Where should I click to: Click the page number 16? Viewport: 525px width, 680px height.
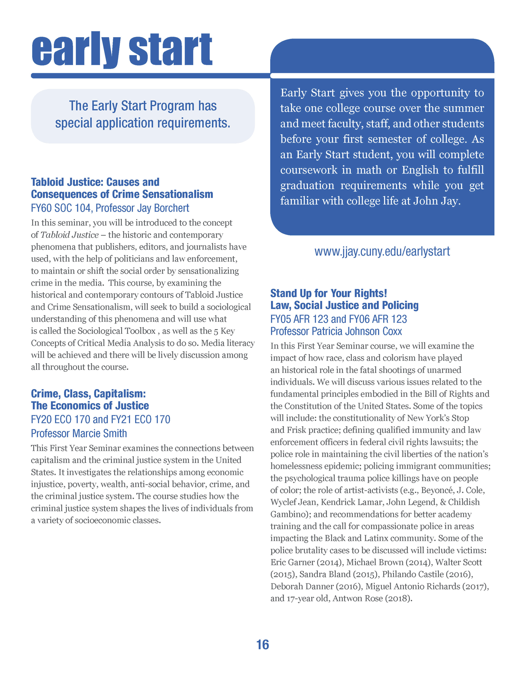[262, 645]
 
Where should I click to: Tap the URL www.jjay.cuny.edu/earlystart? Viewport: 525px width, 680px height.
[382, 251]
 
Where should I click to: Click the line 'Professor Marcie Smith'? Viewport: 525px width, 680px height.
[79, 434]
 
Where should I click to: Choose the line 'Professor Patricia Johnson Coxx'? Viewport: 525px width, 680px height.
[336, 331]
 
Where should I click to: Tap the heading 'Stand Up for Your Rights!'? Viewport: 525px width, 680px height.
[329, 293]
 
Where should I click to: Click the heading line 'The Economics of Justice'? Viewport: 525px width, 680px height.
[90, 406]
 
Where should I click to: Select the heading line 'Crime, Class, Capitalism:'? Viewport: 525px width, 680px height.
[89, 394]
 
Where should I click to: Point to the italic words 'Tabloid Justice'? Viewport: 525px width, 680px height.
[70, 235]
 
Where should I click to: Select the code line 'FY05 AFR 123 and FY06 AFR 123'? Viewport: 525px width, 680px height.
[338, 319]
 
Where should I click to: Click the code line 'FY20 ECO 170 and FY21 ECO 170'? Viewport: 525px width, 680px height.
[100, 420]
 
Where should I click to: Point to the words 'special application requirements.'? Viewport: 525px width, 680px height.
[142, 123]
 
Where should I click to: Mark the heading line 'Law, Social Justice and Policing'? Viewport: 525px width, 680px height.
[344, 305]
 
